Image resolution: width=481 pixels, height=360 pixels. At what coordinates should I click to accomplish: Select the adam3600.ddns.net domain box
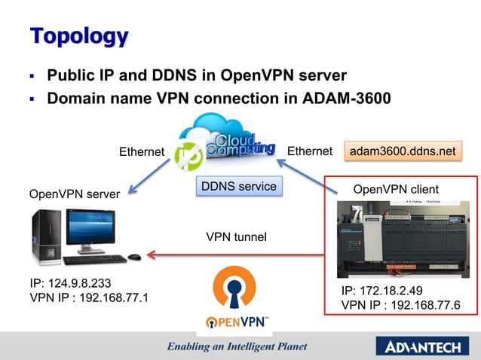click(x=403, y=151)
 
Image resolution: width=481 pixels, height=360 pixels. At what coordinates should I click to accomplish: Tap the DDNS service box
click(x=237, y=186)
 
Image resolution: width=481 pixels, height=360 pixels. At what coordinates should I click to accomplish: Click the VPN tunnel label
click(x=236, y=237)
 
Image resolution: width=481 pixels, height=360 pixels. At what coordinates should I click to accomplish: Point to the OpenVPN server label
click(x=74, y=194)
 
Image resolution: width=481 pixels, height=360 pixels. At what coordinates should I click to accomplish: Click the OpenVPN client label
click(x=396, y=188)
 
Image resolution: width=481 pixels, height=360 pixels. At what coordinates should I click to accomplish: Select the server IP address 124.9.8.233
click(x=71, y=284)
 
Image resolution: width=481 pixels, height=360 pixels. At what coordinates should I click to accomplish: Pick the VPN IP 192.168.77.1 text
click(x=88, y=298)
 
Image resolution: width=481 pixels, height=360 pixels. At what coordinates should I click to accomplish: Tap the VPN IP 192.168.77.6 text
click(x=400, y=305)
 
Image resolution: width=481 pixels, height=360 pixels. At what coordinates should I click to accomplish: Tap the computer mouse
click(x=134, y=258)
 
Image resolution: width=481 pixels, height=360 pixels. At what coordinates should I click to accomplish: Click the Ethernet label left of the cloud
click(x=142, y=152)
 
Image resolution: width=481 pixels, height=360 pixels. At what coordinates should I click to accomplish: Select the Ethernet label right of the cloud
click(x=310, y=151)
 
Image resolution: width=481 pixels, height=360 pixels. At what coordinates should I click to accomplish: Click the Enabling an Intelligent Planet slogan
click(x=237, y=347)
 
